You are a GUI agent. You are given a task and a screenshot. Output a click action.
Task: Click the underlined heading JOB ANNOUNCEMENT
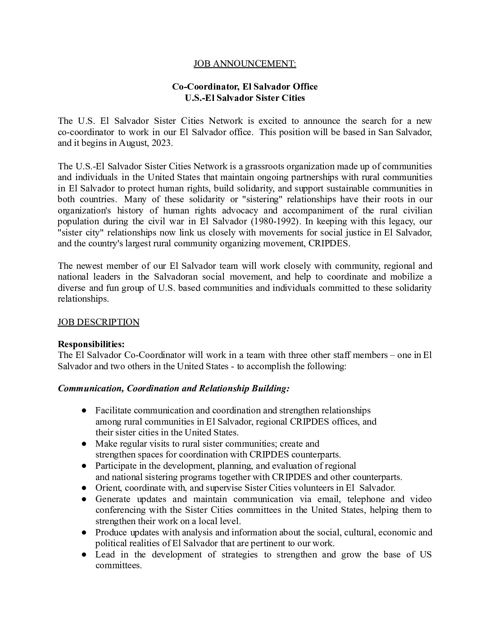(x=245, y=64)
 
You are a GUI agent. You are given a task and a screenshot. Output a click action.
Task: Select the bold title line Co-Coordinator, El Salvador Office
(x=245, y=86)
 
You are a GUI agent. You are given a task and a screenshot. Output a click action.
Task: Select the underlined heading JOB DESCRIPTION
(x=99, y=322)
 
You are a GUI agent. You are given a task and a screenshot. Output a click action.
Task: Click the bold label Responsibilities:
(x=91, y=344)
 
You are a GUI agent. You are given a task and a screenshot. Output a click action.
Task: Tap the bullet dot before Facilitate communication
(x=84, y=411)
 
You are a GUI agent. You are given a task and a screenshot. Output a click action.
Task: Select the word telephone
(x=363, y=499)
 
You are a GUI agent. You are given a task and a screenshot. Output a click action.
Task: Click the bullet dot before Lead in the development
(x=84, y=554)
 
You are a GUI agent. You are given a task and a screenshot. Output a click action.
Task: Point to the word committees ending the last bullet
(x=118, y=565)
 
